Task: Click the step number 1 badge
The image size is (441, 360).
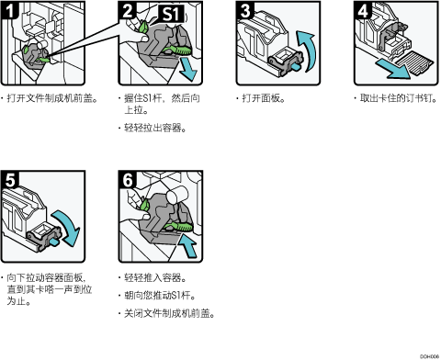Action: (x=9, y=10)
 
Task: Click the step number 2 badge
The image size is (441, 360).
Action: (x=127, y=10)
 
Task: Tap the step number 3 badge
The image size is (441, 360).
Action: (x=245, y=10)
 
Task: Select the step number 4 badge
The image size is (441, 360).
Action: (x=363, y=10)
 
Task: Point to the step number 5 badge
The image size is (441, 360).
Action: (x=9, y=180)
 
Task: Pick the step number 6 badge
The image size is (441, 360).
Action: (x=128, y=180)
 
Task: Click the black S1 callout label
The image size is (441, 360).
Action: (x=171, y=14)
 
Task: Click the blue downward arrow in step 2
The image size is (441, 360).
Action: (x=187, y=70)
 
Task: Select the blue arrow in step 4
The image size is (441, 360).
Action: (x=393, y=69)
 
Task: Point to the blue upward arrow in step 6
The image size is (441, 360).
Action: (x=187, y=244)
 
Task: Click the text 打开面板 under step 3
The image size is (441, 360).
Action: (x=264, y=98)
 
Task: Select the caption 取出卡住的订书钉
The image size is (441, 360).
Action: (x=398, y=98)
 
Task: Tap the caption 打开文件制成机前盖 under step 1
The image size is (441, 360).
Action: (x=52, y=98)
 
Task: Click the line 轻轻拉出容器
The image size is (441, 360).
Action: (x=155, y=128)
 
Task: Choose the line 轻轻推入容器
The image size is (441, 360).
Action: (x=155, y=277)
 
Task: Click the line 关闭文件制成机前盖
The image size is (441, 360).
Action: (x=169, y=313)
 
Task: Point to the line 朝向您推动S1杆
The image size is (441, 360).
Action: (x=160, y=296)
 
